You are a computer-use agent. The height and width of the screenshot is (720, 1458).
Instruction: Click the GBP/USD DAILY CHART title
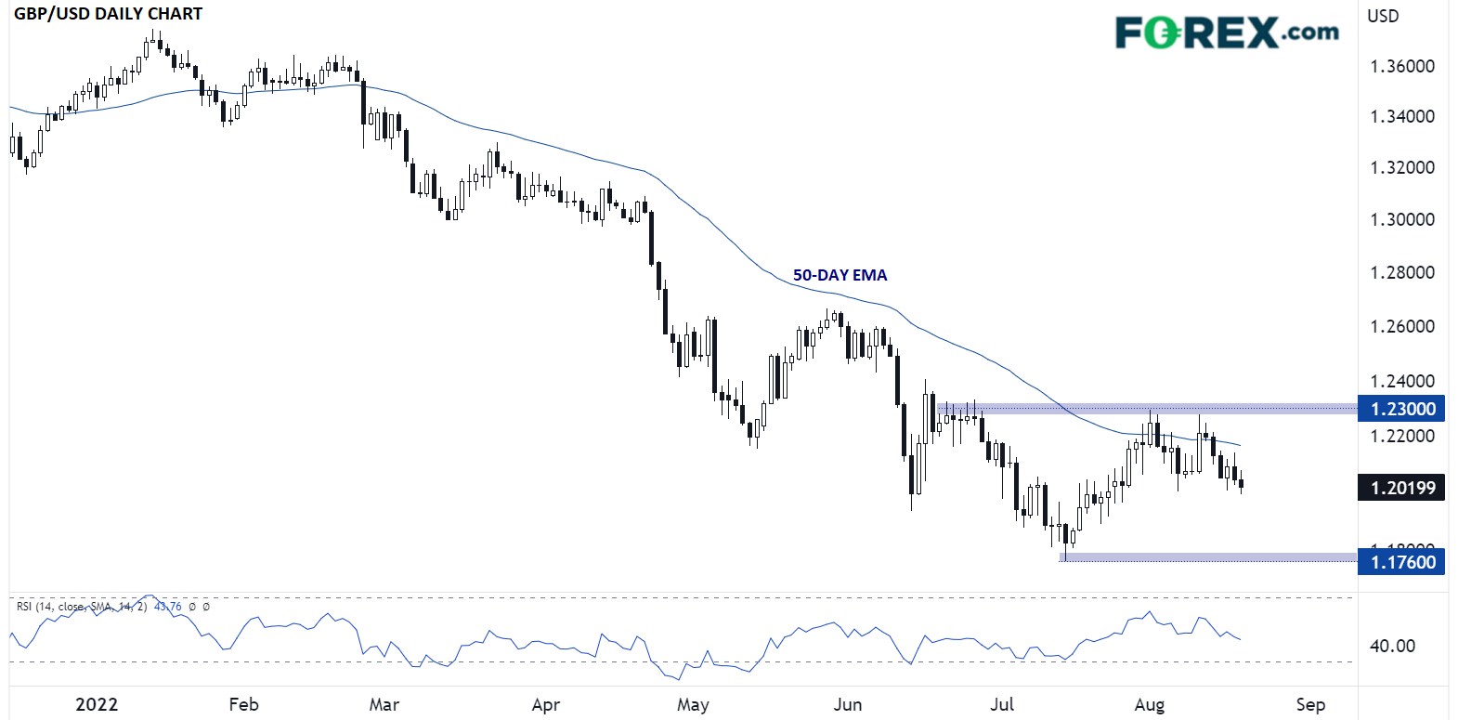tap(108, 14)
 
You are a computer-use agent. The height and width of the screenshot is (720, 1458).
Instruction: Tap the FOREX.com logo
tap(1226, 33)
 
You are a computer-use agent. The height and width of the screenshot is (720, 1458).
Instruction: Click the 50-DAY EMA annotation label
tap(840, 275)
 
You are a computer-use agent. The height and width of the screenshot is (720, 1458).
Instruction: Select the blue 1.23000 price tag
tap(1401, 409)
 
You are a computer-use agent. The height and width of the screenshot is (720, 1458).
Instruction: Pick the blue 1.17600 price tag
tap(1401, 562)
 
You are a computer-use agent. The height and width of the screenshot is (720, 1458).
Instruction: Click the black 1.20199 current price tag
tap(1401, 488)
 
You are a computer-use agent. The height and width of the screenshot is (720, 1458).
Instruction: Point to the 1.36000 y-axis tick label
tap(1402, 66)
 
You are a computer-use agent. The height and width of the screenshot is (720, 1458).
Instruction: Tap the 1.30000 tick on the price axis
tap(1402, 219)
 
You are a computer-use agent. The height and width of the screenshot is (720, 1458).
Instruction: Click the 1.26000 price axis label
tap(1402, 326)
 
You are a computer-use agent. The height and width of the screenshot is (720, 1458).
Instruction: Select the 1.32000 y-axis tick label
tap(1402, 167)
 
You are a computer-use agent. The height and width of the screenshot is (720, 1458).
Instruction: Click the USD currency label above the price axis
tap(1383, 16)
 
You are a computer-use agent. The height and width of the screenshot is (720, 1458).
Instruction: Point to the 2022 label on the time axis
tap(97, 704)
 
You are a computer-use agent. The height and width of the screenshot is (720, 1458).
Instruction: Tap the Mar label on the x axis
tap(384, 704)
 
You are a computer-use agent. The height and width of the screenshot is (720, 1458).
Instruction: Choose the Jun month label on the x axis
tap(847, 704)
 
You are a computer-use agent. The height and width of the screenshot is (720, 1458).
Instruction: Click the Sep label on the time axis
tap(1310, 704)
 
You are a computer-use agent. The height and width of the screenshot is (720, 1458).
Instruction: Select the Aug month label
tap(1149, 704)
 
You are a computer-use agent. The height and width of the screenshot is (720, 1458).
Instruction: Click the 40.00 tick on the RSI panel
tap(1392, 646)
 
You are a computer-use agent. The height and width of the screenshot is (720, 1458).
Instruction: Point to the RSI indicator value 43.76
tap(167, 607)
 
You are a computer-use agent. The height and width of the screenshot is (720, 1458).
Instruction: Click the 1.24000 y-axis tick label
tap(1402, 381)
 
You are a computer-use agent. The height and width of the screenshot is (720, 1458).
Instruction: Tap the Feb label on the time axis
tap(243, 704)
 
